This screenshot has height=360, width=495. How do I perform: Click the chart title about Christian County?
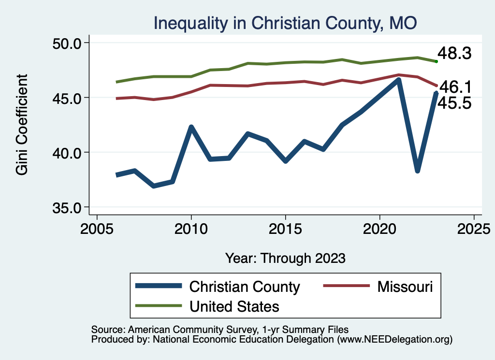[285, 23]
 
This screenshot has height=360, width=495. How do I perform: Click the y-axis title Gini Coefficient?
[22, 125]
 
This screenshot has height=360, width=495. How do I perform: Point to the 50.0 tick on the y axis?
[66, 43]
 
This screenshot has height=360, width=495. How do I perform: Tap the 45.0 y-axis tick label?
[66, 98]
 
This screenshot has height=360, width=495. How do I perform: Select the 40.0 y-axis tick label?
[66, 153]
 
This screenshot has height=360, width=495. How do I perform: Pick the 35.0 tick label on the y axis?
[66, 207]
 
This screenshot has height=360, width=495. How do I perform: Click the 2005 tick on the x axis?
[97, 228]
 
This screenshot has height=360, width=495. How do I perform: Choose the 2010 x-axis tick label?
[191, 228]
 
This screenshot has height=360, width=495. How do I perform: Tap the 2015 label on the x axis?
[286, 228]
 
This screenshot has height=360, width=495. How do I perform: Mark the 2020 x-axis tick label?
[380, 228]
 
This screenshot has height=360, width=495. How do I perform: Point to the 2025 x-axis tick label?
[474, 228]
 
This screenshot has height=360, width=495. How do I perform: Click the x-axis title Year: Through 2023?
[285, 258]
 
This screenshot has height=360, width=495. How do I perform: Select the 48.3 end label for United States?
[454, 54]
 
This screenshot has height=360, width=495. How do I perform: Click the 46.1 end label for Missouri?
[455, 87]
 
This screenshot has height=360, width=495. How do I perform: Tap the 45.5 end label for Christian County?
[454, 102]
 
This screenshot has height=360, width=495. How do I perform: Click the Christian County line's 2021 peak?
[398, 80]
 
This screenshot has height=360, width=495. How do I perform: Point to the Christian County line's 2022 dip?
[417, 171]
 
